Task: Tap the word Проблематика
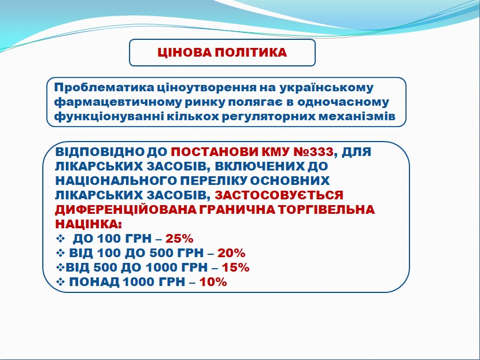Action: click(105, 87)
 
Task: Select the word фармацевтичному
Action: click(118, 102)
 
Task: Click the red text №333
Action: click(313, 152)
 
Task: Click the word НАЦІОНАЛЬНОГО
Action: click(116, 180)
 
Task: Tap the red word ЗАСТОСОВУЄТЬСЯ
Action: click(279, 195)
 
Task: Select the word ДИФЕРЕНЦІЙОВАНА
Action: click(125, 210)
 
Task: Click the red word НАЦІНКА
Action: click(88, 224)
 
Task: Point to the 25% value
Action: click(179, 239)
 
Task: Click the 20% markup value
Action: click(231, 253)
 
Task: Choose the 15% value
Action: click(236, 268)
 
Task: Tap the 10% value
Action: click(213, 282)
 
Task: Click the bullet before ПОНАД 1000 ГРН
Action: click(61, 282)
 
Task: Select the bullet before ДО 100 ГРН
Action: click(61, 239)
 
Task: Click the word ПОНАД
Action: click(94, 282)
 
